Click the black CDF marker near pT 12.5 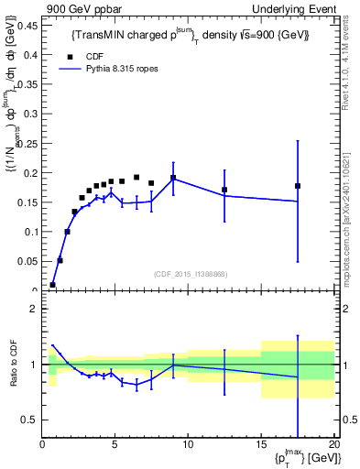(x=224, y=190)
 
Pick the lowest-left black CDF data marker (x=52, y=285)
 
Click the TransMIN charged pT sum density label (x=190, y=35)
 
